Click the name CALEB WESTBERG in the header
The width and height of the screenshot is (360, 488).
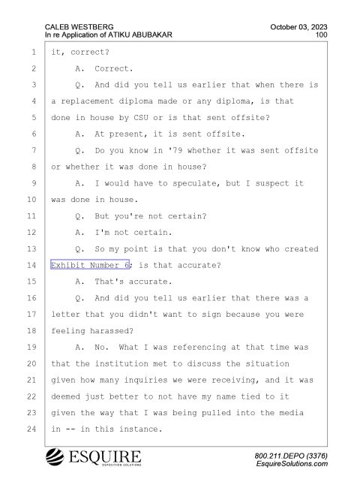79,27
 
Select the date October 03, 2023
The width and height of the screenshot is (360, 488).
298,27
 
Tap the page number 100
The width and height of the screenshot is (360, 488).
321,35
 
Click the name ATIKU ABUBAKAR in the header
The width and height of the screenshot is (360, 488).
140,35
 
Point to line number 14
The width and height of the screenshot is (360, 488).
31,265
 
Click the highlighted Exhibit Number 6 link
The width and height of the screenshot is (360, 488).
90,264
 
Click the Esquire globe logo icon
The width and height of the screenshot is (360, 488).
55,456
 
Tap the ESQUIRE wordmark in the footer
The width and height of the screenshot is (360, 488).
105,456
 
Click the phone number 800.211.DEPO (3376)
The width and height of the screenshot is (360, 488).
291,456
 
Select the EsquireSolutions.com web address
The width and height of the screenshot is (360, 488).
292,464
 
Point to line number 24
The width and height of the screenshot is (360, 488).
31,429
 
